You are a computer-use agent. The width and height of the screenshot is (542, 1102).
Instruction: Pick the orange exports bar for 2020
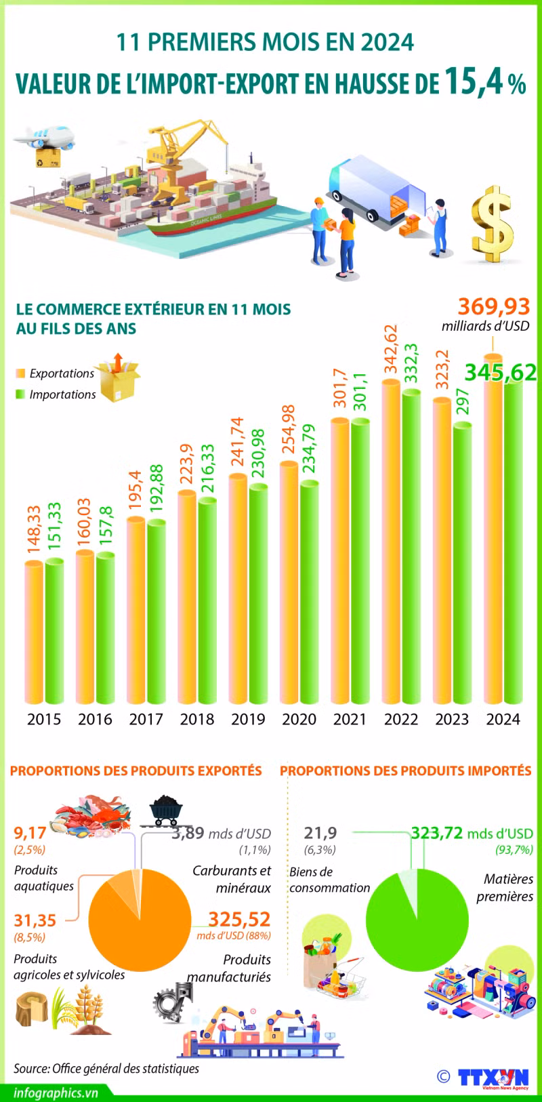[x=289, y=583]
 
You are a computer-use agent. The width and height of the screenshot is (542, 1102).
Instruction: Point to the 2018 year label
[x=196, y=719]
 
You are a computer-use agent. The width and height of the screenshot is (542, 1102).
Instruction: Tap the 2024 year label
[x=503, y=719]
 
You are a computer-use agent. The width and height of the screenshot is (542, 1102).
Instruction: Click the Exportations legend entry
[x=61, y=373]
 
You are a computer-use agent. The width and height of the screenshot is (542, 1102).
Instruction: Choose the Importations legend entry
[x=62, y=394]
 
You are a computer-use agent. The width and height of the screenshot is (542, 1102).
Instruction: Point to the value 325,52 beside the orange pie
[x=239, y=919]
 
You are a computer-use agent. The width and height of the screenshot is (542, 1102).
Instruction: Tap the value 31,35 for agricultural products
[x=35, y=920]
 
